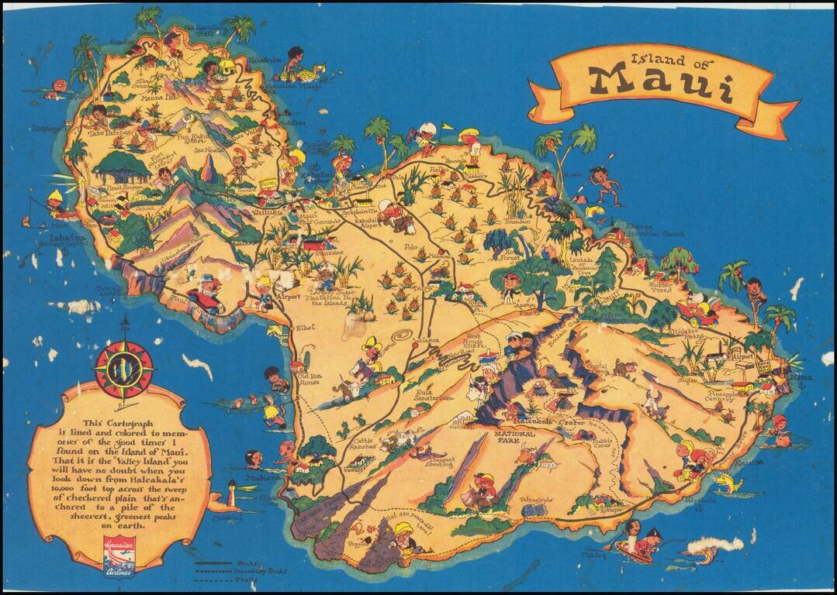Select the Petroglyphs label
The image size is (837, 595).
click(536, 501)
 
